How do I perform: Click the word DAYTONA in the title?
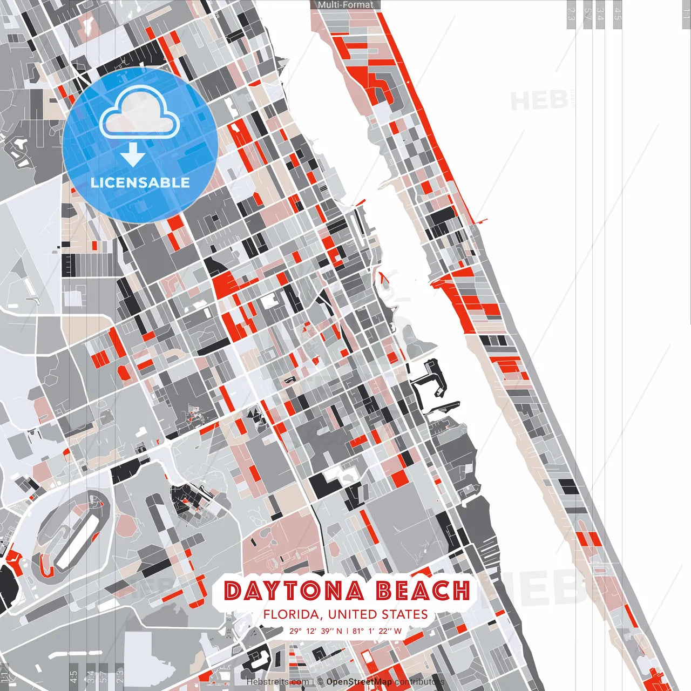point(294,591)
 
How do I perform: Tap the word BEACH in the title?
point(423,591)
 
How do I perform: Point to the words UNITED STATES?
point(378,614)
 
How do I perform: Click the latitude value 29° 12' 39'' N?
point(316,631)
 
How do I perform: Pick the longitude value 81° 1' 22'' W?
point(377,631)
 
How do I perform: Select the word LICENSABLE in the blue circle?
point(140,182)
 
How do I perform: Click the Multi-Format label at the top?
point(345,5)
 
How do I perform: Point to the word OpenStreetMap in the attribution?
point(359,682)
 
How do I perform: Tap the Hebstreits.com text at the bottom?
point(278,682)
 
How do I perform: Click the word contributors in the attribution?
point(419,682)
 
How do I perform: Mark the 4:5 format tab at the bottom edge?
point(73,675)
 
